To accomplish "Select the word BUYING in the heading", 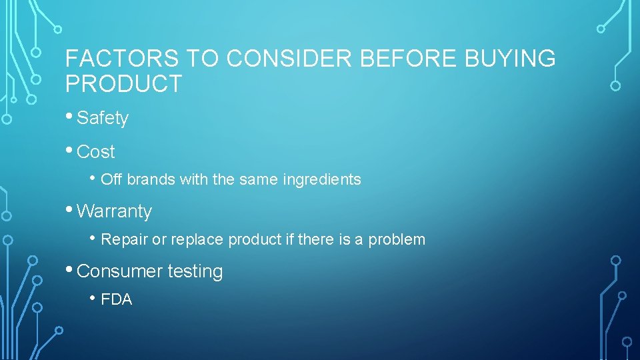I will [509, 59].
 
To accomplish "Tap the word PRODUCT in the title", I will [123, 85].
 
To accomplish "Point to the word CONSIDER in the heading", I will [290, 59].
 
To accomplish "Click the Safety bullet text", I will [103, 119].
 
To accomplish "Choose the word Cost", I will [96, 152].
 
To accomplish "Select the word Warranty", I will [115, 212].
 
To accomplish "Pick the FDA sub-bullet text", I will [117, 300].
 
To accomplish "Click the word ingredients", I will [322, 180].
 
